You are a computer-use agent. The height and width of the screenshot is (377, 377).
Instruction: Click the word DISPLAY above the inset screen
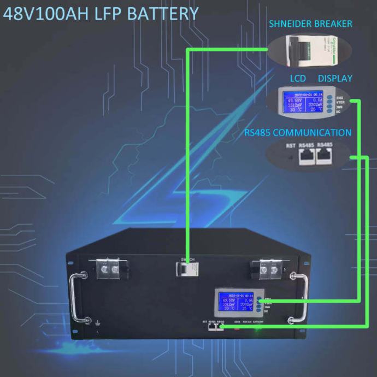coord(335,78)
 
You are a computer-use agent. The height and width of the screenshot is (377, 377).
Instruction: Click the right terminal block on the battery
coord(262,268)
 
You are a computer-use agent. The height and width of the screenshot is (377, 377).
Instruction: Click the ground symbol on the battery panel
coord(97,322)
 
